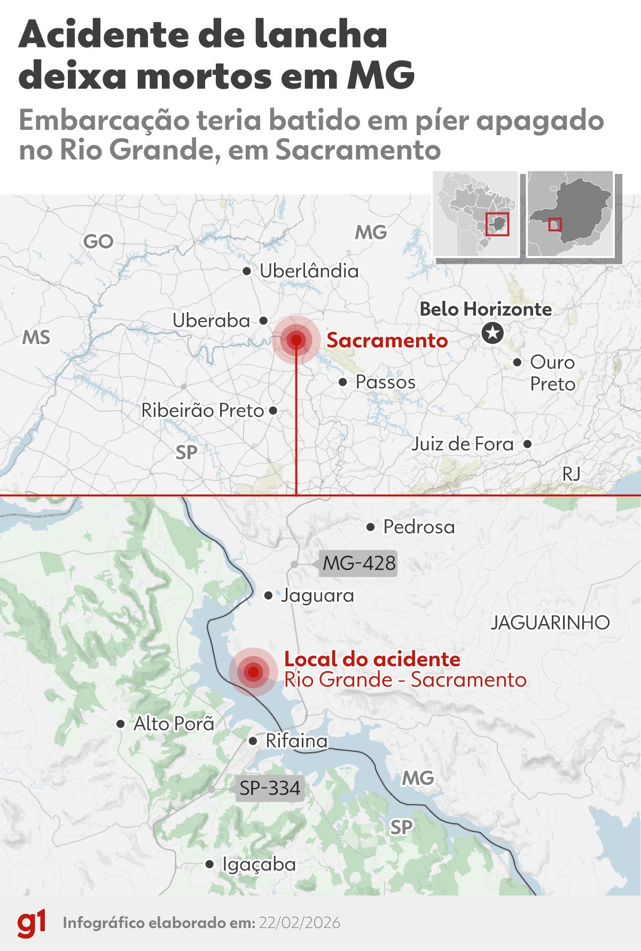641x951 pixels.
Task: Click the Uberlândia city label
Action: point(309,271)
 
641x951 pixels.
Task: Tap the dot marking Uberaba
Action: point(263,321)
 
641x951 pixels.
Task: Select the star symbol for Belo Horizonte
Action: point(493,333)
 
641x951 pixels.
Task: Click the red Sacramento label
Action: point(387,340)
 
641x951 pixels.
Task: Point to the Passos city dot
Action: point(343,382)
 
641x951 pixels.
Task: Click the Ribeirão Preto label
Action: point(202,410)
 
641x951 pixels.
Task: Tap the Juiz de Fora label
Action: point(463,444)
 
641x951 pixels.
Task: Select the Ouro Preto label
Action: point(552,373)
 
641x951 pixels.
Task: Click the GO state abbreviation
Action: point(98,241)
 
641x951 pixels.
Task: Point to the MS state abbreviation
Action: point(36,338)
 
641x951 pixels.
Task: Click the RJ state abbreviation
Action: point(571,473)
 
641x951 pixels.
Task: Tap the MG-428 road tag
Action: point(359,563)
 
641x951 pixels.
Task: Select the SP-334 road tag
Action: point(270,788)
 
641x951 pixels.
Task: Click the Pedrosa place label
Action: point(419,527)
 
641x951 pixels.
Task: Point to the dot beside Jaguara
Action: point(269,595)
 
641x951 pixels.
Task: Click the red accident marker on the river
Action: point(253,672)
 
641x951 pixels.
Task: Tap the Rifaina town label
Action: point(296,741)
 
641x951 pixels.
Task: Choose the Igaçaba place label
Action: point(259,864)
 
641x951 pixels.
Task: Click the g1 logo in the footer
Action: point(32,923)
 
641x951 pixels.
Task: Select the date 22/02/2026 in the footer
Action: point(300,923)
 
